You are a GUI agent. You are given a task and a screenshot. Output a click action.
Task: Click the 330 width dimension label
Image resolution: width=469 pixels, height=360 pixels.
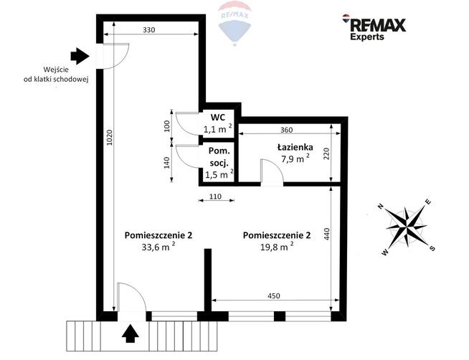pos(148,30)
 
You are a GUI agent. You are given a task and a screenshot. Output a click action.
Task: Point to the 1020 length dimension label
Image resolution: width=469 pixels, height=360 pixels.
pos(109,138)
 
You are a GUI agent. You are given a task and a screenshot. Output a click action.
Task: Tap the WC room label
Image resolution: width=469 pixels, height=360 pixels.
pos(218,117)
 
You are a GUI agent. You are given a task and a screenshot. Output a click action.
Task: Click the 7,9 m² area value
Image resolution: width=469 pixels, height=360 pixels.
pos(295,158)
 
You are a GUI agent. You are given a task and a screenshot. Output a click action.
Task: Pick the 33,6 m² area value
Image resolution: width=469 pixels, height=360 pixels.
pos(158,247)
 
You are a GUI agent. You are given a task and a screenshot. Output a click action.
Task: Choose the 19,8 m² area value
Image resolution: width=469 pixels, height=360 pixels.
pos(277,247)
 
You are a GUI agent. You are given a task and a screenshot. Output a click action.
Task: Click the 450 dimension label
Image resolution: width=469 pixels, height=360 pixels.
pos(274,295)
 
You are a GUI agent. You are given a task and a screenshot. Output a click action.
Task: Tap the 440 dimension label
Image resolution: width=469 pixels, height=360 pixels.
pos(326,234)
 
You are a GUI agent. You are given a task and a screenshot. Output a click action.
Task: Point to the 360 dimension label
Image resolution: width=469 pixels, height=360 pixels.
pos(287,130)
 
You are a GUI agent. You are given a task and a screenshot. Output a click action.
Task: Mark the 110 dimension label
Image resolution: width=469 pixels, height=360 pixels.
pos(215,196)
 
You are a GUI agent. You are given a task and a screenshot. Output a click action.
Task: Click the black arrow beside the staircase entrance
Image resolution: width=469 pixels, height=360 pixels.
pos(80,56)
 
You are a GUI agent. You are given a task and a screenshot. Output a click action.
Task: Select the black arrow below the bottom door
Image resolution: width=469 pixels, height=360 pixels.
pos(130,333)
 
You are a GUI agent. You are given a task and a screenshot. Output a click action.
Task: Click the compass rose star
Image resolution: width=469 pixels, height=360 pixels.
pos(407,227)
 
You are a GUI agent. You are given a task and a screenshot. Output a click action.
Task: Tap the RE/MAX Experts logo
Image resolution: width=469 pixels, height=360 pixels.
pos(374,27)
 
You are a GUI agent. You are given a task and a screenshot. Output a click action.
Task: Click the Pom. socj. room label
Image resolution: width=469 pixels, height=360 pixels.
pos(218,156)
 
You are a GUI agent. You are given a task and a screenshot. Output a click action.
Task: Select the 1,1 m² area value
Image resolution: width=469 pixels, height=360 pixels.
pos(218,129)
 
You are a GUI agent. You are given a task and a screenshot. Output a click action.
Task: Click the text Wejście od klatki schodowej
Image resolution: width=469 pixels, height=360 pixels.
pos(56,75)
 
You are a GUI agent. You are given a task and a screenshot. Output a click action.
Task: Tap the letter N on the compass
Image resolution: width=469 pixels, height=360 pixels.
pos(381,206)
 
